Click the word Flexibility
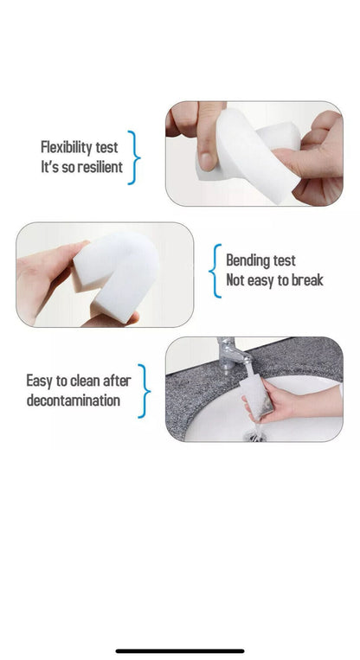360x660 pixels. click(67, 148)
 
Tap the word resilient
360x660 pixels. click(96, 167)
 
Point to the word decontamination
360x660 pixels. click(74, 400)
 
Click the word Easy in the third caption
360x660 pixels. click(39, 381)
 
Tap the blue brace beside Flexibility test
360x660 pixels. click(133, 157)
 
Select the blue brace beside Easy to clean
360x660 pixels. click(144, 390)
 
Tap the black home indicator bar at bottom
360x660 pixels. click(180, 650)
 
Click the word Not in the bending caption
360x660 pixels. click(236, 280)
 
